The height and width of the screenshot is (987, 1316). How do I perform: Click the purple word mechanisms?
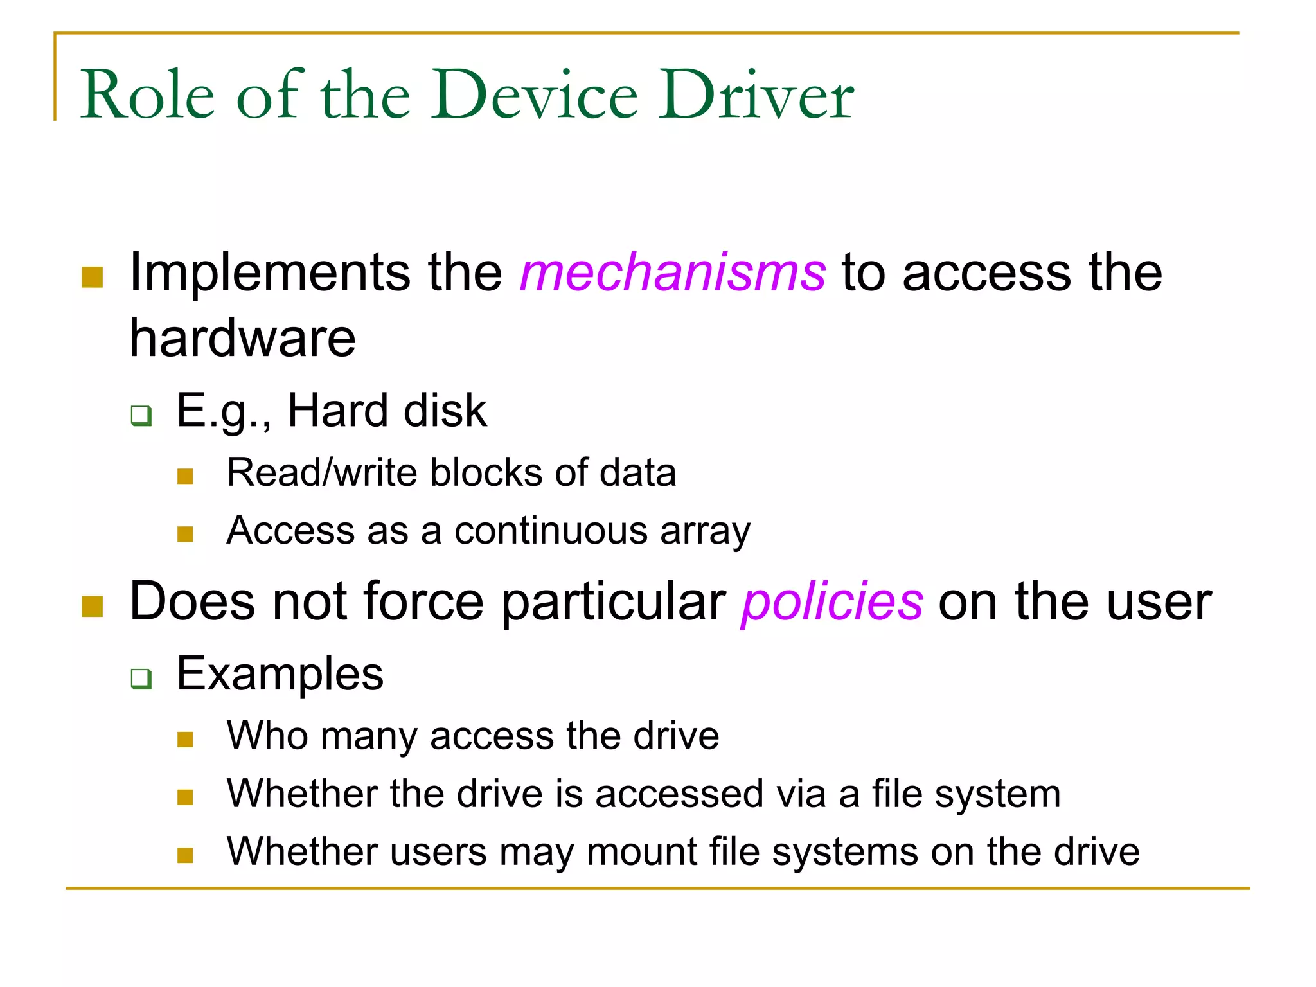(673, 273)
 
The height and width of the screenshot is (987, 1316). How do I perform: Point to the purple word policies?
(832, 602)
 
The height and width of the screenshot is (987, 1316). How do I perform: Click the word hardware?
(242, 339)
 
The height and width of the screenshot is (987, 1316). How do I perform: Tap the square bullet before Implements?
(93, 278)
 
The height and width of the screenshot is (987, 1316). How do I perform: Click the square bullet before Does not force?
(93, 607)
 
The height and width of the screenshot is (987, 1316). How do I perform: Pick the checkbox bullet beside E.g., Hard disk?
(141, 415)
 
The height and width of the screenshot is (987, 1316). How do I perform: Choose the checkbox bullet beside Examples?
(141, 679)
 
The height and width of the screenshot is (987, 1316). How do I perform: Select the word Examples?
(280, 674)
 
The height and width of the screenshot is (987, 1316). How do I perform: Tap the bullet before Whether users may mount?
(185, 855)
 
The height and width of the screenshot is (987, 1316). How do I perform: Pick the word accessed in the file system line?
(679, 794)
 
